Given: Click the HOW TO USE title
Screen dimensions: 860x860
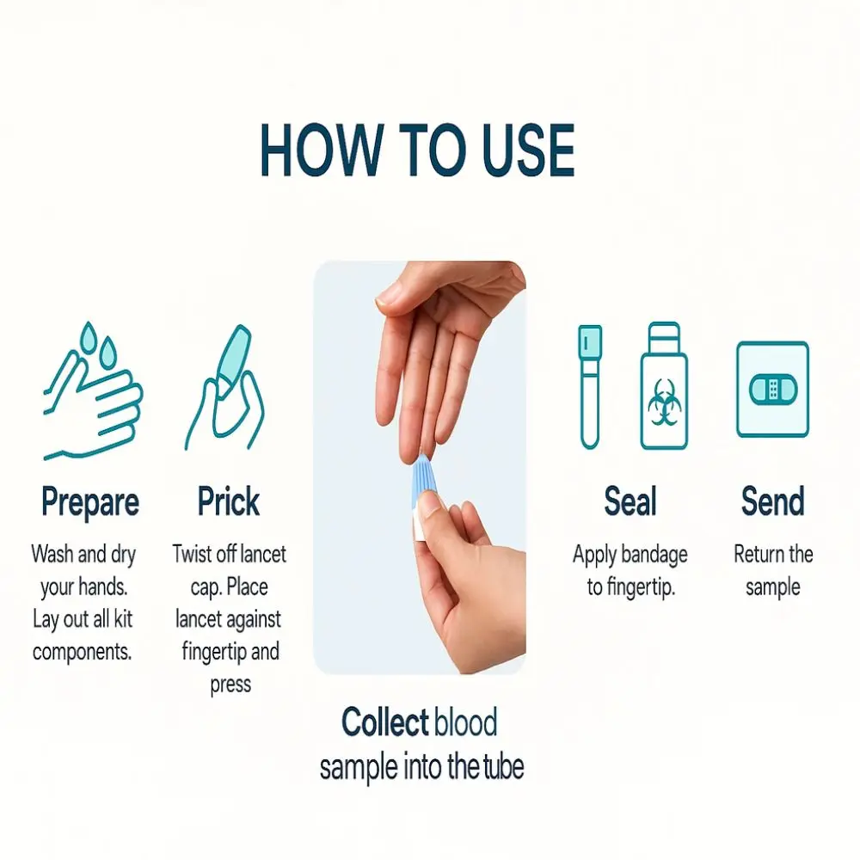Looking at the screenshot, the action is pyautogui.click(x=417, y=150).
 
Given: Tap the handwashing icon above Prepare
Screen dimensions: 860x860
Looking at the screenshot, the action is pyautogui.click(x=93, y=391).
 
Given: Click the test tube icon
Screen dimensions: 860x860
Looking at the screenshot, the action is pyautogui.click(x=590, y=387).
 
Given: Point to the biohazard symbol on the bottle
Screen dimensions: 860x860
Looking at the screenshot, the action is pyautogui.click(x=664, y=402).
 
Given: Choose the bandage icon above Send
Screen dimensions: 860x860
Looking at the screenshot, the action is pyautogui.click(x=773, y=390).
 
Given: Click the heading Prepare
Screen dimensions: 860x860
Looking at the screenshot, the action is pyautogui.click(x=90, y=502).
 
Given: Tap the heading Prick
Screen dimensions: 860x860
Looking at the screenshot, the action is pyautogui.click(x=228, y=501).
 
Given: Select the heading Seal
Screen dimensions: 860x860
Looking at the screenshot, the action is pyautogui.click(x=630, y=501).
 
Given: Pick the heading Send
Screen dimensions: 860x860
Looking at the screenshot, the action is pyautogui.click(x=773, y=501).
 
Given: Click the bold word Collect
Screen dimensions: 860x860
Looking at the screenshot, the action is pyautogui.click(x=384, y=722).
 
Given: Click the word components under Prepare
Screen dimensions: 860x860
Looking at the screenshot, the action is pyautogui.click(x=83, y=653).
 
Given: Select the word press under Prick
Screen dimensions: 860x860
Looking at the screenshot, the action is pyautogui.click(x=230, y=685).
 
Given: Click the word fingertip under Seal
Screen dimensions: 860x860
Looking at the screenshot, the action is pyautogui.click(x=641, y=588).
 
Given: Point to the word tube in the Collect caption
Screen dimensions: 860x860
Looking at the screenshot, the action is pyautogui.click(x=503, y=767).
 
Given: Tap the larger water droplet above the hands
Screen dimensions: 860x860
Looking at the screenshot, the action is pyautogui.click(x=89, y=338).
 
